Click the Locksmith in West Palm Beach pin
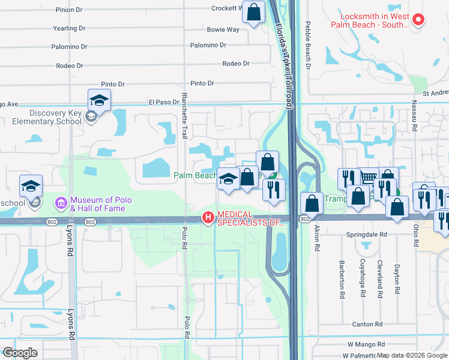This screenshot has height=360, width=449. point(419,19)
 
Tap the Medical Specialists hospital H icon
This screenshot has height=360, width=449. point(208,217)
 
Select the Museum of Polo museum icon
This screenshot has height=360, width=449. point(61,203)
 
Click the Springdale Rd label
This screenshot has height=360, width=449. point(366,235)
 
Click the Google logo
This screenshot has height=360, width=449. point(20,353)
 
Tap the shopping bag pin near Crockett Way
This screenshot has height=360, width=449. point(254,12)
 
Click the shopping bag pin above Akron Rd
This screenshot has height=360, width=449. point(312,203)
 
